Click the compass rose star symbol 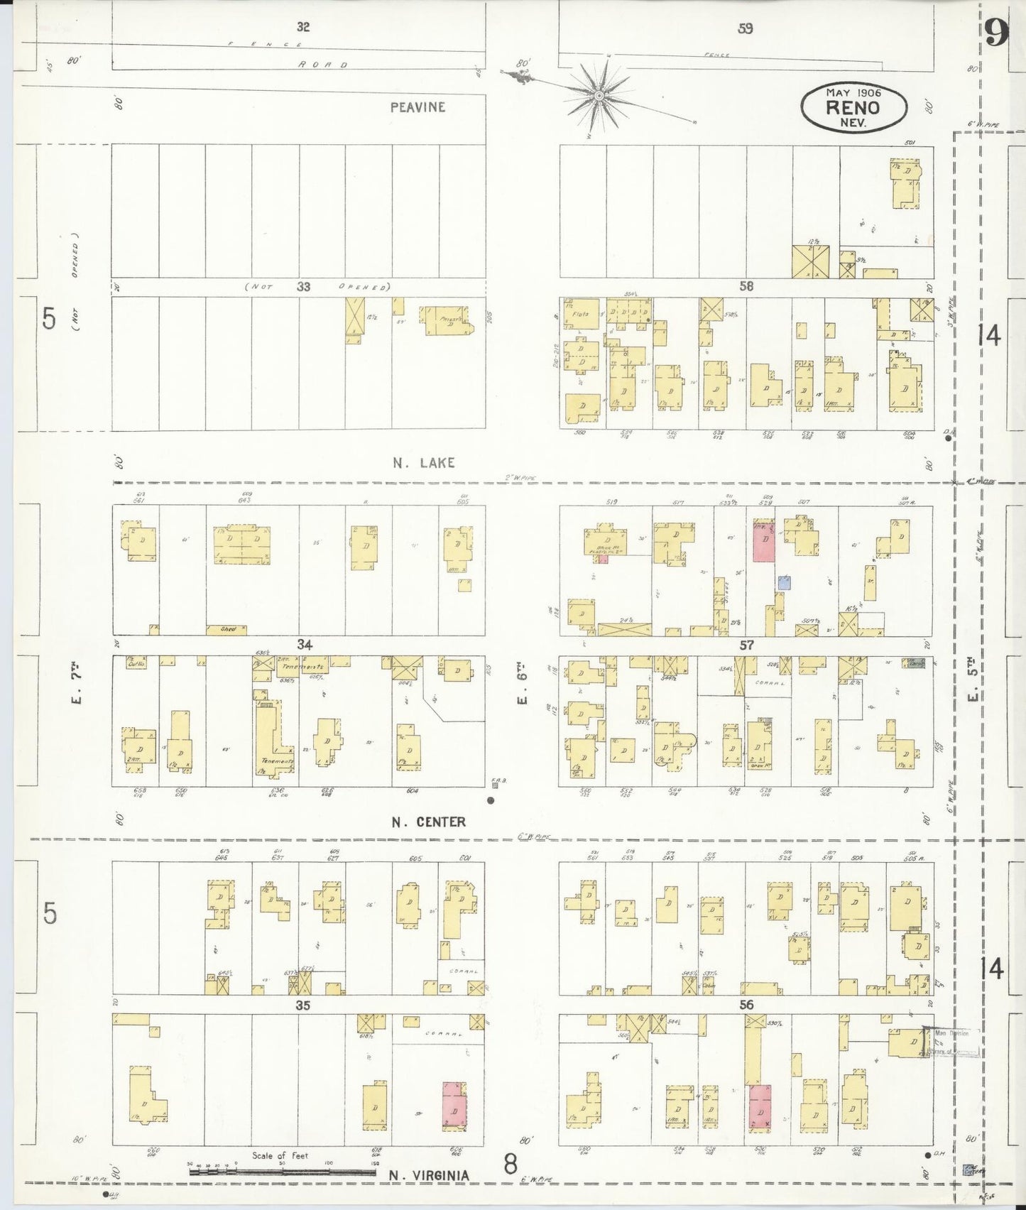[600, 94]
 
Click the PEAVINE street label [418, 107]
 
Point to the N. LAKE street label [424, 463]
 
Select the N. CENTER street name [429, 822]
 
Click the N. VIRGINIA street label [429, 1175]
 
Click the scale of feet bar [282, 1172]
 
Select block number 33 [304, 287]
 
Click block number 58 [746, 287]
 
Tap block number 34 [305, 644]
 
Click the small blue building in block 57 [784, 582]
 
